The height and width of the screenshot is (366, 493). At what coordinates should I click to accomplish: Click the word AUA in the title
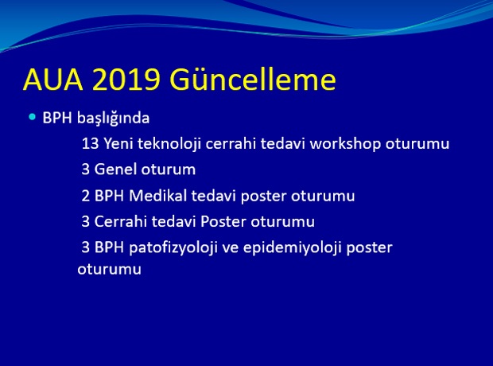click(53, 80)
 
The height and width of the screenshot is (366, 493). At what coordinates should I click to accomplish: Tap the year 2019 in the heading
click(126, 80)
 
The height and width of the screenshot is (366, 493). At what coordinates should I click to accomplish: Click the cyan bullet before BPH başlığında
click(32, 117)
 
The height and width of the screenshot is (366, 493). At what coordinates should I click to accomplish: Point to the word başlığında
click(113, 119)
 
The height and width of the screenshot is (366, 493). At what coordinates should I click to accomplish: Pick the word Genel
click(115, 169)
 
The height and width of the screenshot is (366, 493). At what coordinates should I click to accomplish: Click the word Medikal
click(158, 196)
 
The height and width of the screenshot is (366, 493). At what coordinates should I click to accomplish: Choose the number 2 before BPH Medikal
click(86, 196)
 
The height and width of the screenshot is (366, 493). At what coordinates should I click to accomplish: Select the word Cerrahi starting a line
click(121, 221)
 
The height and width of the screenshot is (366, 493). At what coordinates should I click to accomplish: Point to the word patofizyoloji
click(173, 247)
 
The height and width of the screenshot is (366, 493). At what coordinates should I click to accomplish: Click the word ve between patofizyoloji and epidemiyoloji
click(230, 248)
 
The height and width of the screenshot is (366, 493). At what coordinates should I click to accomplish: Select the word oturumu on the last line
click(110, 270)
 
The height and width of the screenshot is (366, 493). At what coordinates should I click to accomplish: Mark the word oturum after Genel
click(169, 169)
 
